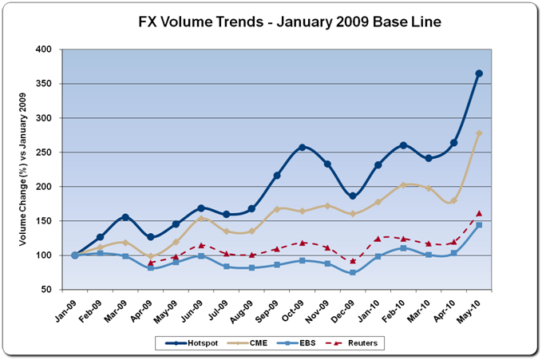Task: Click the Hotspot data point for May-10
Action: (x=479, y=73)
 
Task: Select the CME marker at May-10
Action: (x=479, y=133)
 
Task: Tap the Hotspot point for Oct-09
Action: (x=303, y=147)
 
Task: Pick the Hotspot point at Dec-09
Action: (x=353, y=196)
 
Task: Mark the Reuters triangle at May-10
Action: (x=479, y=213)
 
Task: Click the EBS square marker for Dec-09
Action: (x=353, y=273)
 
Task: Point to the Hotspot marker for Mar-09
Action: (x=125, y=217)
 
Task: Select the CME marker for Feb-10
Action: (x=403, y=185)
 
